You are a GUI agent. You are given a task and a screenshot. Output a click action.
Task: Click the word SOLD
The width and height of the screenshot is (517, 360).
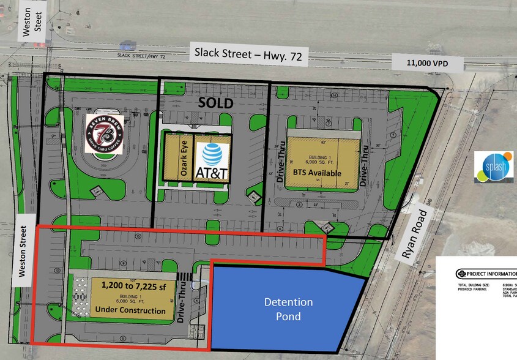216,103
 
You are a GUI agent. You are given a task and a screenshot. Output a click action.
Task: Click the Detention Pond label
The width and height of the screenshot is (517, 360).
288,309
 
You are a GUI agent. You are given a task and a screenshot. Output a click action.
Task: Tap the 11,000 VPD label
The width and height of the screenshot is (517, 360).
427,63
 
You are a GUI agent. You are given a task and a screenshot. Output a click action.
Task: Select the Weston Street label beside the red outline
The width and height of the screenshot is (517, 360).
23,252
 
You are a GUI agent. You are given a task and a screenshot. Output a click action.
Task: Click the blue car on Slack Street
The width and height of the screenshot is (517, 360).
128,44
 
